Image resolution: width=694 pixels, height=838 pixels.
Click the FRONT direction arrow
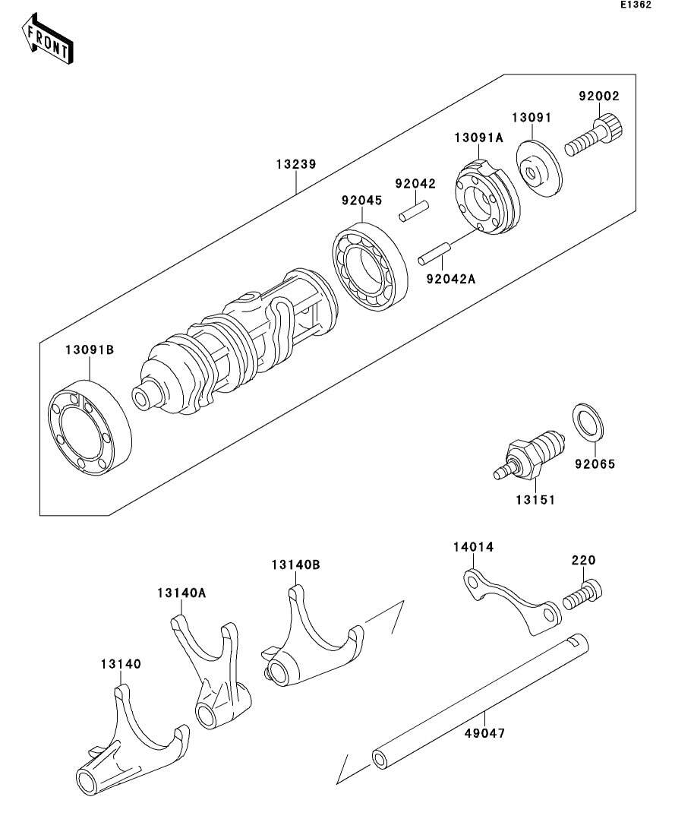click(47, 39)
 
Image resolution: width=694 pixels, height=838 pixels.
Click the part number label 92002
click(599, 96)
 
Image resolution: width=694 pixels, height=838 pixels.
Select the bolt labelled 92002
click(594, 136)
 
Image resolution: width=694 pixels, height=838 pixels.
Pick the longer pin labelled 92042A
click(434, 253)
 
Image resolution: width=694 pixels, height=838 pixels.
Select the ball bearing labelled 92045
click(370, 266)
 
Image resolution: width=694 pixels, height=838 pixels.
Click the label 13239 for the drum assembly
click(296, 164)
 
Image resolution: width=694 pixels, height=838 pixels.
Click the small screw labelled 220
click(582, 594)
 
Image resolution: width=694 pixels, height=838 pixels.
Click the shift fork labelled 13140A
click(213, 675)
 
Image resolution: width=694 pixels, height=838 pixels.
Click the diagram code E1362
click(636, 5)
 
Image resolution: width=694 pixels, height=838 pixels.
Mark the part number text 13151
click(535, 500)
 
